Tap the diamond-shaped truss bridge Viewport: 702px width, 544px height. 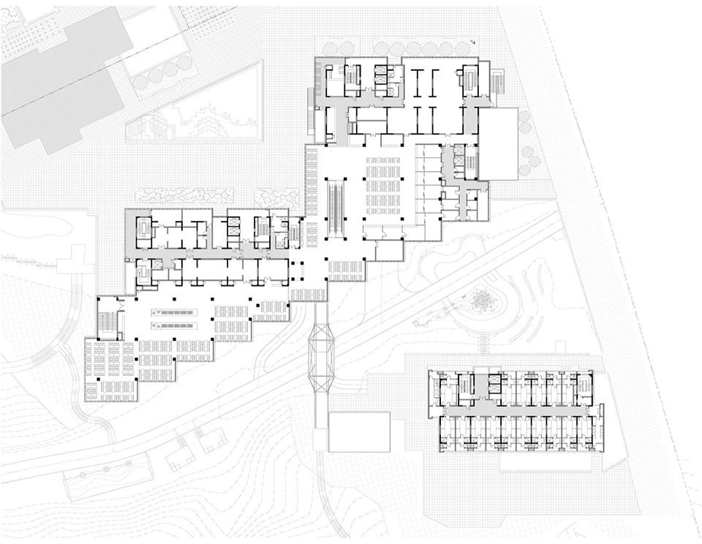coord(322,351)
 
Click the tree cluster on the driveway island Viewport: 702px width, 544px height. coord(482,300)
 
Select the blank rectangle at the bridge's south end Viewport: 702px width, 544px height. coord(358,431)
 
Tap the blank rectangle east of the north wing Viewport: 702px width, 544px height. coord(498,144)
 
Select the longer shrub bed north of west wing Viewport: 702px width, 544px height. coord(185,195)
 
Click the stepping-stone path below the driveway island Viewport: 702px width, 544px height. coord(486,344)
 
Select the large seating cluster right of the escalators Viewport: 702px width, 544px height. coord(384,186)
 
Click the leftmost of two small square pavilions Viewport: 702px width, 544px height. coord(178,458)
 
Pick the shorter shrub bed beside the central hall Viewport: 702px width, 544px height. coord(276,195)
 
